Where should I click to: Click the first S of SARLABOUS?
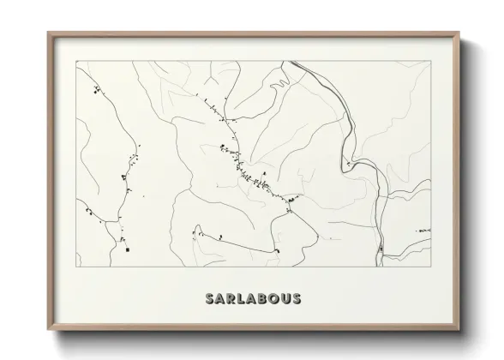coord(210,298)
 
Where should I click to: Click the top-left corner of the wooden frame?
coord(48,33)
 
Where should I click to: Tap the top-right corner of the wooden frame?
coord(459,33)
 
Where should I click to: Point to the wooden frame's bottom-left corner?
coord(48,331)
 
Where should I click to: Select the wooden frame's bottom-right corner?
coord(459,331)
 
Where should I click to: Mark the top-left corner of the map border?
coord(77,61)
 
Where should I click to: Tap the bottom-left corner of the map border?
coord(77,267)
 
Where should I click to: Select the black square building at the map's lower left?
coord(125,251)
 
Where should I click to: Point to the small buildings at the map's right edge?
coord(422,231)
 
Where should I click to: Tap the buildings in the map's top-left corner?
coord(96,88)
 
